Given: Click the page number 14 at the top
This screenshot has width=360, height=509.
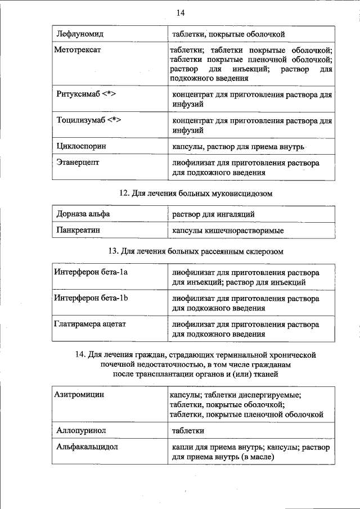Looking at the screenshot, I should tap(180, 13).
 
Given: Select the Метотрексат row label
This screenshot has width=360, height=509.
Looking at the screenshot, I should tap(78, 51).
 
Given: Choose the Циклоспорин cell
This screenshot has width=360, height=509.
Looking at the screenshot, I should tap(82, 147).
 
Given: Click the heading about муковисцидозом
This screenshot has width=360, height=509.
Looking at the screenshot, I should tap(196, 193).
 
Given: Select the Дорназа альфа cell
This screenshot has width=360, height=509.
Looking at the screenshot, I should tap(83, 214).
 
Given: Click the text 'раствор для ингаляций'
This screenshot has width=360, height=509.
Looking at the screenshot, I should tap(213, 214).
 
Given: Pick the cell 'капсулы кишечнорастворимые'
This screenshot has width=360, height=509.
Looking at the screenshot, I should tap(228, 231).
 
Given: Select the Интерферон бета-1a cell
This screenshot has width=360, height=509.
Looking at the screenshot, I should tap(91, 272).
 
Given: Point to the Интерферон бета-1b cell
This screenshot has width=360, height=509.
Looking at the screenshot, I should tap(91, 298).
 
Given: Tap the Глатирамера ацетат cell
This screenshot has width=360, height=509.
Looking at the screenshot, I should tap(90, 324).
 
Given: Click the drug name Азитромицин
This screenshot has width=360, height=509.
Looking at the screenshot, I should tap(80, 395).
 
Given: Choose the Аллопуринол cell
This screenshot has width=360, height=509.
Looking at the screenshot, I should tap(82, 430).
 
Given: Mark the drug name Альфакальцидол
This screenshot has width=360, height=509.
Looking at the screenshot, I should tap(87, 447).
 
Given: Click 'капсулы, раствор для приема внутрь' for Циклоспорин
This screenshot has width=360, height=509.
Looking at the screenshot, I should tap(238, 147).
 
